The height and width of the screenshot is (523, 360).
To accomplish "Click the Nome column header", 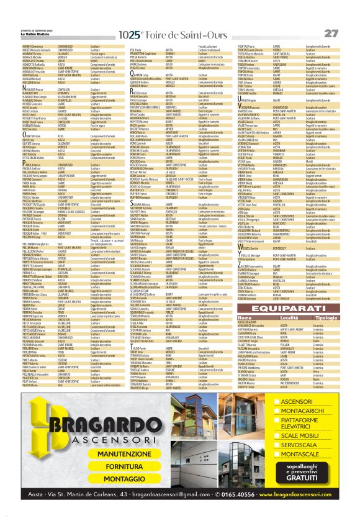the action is coord(245,318).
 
